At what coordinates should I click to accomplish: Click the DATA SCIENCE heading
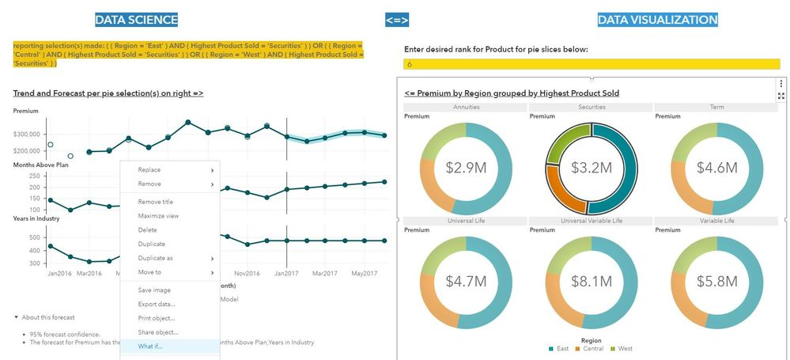[x=136, y=20]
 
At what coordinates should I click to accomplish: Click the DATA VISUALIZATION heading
[x=657, y=20]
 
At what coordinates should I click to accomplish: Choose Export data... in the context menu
[x=157, y=304]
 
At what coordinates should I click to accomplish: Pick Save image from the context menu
[x=154, y=290]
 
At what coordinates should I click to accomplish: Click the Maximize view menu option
[x=158, y=215]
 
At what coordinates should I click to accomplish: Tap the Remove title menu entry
[x=156, y=202]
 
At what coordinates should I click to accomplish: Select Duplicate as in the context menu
[x=156, y=258]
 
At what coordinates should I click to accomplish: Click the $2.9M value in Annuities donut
[x=466, y=168]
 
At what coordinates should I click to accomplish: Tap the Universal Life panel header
[x=466, y=221]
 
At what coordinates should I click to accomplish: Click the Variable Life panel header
[x=716, y=221]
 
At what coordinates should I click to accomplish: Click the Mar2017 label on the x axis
[x=326, y=273]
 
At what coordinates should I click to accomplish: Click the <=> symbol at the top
[x=397, y=20]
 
